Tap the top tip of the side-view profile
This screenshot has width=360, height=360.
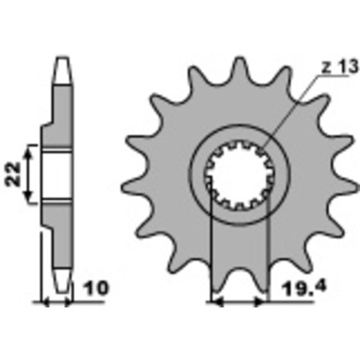click(x=61, y=62)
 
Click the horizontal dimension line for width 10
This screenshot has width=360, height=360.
click(x=57, y=303)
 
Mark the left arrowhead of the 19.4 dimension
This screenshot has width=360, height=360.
click(x=214, y=303)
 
